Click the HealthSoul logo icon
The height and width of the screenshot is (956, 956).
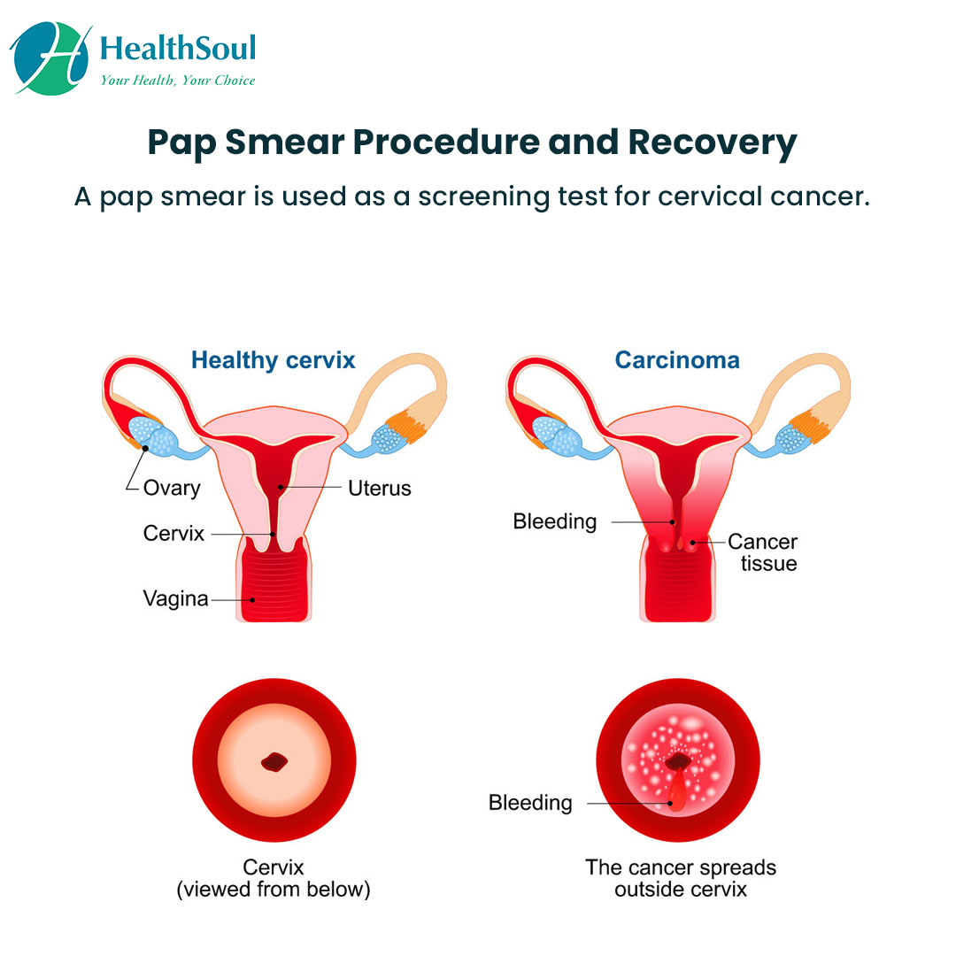(x=50, y=57)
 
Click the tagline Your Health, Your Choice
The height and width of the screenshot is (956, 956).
(x=177, y=80)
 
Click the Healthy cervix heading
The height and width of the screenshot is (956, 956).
(x=274, y=360)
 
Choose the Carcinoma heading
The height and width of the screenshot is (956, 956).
(x=677, y=360)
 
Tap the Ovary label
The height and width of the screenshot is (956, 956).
(x=172, y=488)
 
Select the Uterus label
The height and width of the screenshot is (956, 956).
(x=379, y=488)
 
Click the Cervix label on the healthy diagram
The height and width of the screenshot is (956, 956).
(x=173, y=534)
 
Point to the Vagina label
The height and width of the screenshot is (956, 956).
(x=175, y=599)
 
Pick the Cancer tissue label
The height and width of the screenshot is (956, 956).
(x=762, y=552)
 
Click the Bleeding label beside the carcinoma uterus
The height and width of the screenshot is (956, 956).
(x=554, y=521)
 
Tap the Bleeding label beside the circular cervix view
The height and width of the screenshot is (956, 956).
(x=530, y=804)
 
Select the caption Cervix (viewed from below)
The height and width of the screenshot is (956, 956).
(x=274, y=878)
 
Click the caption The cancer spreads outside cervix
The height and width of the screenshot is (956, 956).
(x=680, y=878)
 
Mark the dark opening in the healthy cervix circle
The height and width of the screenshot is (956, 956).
(x=274, y=761)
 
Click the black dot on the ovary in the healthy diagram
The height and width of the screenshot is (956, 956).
(x=143, y=449)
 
